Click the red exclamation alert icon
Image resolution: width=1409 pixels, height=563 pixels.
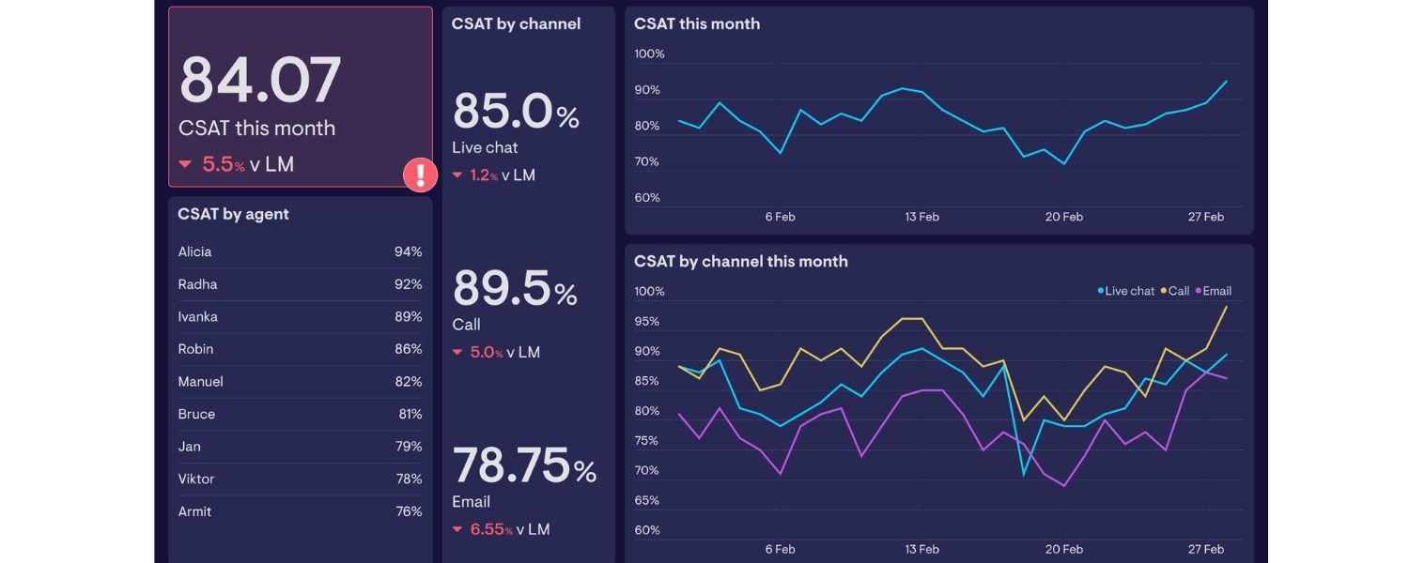(420, 175)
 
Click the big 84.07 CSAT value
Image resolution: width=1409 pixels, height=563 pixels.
(260, 81)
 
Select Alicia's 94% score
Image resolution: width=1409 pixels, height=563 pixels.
(408, 251)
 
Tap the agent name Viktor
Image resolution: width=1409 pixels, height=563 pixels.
(196, 479)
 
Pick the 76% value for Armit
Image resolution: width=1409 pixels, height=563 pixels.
(408, 511)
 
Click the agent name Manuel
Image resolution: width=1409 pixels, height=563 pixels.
(200, 382)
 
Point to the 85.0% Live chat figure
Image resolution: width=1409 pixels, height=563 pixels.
(516, 112)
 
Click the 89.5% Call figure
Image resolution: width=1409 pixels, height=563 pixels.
(515, 289)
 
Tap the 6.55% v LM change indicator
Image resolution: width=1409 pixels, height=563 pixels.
(501, 529)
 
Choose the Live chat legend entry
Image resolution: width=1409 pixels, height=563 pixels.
(1126, 291)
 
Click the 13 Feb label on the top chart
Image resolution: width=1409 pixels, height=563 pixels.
(921, 217)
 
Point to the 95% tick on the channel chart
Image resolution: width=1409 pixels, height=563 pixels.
(647, 321)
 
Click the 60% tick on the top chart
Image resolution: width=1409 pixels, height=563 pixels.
(648, 198)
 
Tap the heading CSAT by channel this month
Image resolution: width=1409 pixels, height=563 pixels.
(740, 262)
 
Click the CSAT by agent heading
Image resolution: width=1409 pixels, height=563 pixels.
(233, 214)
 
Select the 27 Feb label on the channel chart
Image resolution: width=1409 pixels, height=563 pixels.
(1205, 549)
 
